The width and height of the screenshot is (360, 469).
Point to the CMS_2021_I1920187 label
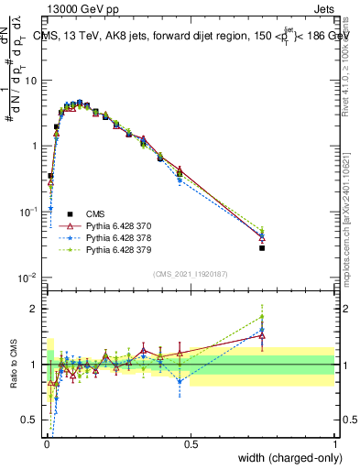point(190,273)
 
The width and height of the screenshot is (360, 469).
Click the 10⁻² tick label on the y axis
point(29,278)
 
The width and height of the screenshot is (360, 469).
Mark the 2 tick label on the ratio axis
point(35,309)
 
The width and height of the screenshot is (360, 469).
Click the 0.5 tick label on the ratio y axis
point(30,420)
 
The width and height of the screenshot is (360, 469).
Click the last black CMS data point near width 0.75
point(262,247)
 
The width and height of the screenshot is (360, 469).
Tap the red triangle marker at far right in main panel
point(262,237)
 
